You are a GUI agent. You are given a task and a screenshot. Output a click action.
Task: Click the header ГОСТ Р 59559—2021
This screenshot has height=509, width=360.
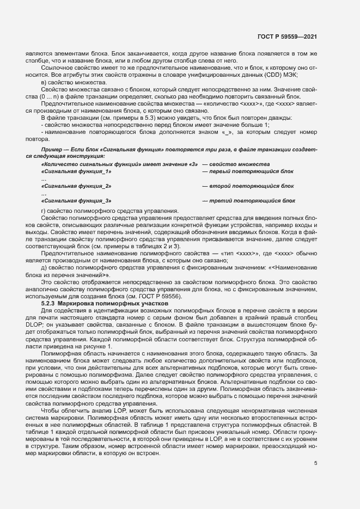click(288, 37)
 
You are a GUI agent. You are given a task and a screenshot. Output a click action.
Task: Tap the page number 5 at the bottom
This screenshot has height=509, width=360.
click(315, 463)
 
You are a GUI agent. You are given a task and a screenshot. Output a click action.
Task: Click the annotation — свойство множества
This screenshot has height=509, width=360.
click(236, 164)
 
